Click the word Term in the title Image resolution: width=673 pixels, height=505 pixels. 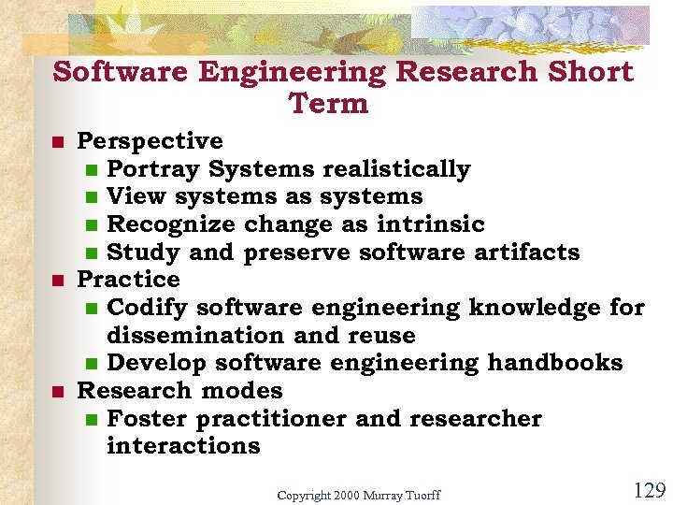coord(329,103)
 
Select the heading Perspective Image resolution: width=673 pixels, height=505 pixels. coord(150,141)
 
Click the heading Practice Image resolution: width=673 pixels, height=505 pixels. coord(128,280)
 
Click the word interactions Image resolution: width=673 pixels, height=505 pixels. coord(183,446)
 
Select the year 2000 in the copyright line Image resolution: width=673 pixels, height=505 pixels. coord(347,495)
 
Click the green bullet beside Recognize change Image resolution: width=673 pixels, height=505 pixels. coord(91,225)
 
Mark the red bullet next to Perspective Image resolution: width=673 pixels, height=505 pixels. coord(57,142)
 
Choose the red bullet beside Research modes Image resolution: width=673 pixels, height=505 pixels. coord(57,391)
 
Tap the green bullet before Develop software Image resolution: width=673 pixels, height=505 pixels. coord(91,364)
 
